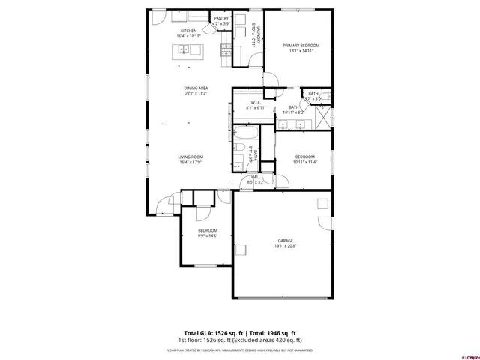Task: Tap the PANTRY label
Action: coord(221,18)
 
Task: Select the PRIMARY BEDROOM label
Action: coord(301,46)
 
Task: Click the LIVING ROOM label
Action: coord(190,157)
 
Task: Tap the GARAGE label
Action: coord(285,241)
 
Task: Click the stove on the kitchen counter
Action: coord(225,49)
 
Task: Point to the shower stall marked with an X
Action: coord(323,116)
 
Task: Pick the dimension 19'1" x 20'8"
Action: coord(285,246)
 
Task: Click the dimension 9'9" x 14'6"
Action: coord(207,235)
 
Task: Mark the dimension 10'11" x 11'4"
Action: coord(304,162)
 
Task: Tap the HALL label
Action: coord(256,177)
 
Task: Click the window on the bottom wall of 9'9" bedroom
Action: coord(205,265)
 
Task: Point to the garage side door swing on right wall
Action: coord(325,223)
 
